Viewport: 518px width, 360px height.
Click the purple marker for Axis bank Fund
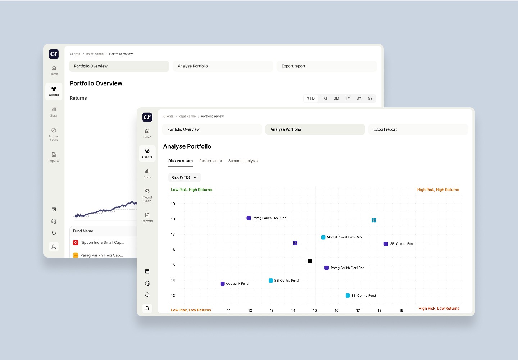coord(222,284)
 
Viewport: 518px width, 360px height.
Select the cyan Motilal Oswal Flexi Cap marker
coord(323,237)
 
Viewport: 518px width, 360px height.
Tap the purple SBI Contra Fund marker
coord(386,244)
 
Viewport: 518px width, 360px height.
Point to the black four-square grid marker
coord(310,261)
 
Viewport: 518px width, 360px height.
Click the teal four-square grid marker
coord(374,220)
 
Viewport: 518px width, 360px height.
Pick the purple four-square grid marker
coord(295,243)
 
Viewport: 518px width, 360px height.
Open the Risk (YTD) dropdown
coord(184,177)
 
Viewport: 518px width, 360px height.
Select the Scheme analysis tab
coord(243,161)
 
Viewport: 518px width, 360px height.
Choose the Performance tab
coord(210,161)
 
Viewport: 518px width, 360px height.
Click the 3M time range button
coord(336,98)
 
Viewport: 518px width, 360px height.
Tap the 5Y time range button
coord(370,98)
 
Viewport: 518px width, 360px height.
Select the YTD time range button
coord(310,98)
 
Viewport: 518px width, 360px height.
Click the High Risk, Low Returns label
coord(439,309)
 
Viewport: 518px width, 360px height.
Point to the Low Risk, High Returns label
coord(191,190)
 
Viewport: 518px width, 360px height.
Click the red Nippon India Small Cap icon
coord(76,242)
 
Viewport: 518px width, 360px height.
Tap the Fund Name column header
coord(83,231)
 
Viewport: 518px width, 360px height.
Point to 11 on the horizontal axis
coord(229,310)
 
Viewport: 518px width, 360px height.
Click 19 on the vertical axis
coord(173,204)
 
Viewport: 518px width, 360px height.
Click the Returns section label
coord(78,98)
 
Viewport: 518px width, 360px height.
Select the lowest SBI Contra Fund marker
coord(347,296)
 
